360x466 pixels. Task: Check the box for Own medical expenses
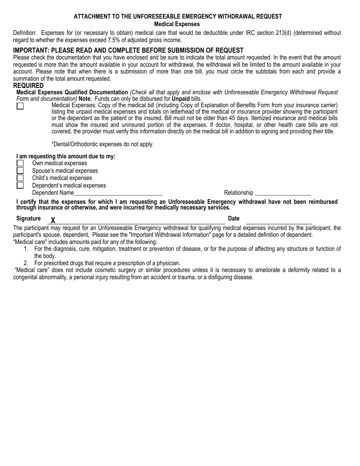(20, 163)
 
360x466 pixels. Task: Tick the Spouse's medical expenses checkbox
(20, 170)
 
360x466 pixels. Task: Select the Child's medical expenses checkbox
(20, 178)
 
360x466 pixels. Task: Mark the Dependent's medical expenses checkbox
(20, 185)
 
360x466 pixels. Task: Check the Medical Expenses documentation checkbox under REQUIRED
(20, 106)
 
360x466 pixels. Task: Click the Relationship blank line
(282, 193)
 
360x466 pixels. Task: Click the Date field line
(279, 221)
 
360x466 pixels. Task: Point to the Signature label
(28, 219)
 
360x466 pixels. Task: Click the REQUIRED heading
(28, 86)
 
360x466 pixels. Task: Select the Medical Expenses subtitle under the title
(177, 24)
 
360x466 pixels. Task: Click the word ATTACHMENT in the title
(91, 17)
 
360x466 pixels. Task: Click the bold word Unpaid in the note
(181, 99)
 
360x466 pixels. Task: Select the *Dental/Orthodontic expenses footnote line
(102, 144)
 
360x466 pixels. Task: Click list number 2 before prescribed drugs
(26, 263)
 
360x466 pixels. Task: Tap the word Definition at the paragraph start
(25, 33)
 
